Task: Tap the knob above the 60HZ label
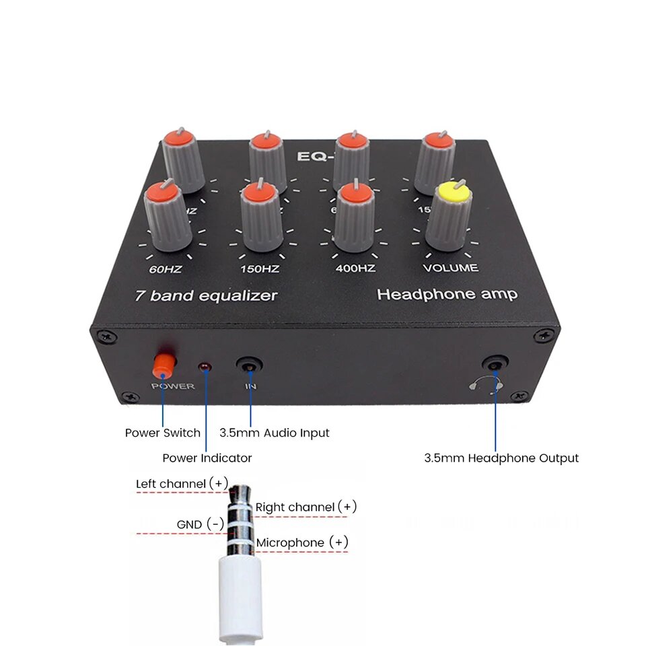[x=166, y=215]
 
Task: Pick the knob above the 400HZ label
[x=355, y=217]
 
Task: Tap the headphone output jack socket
[x=497, y=365]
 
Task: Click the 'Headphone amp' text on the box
[x=447, y=294]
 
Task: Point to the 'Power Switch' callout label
[x=163, y=433]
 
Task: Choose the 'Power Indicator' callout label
[x=207, y=458]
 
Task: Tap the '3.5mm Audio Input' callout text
[x=275, y=433]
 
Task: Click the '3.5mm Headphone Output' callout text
[x=501, y=458]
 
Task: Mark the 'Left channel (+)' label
[x=182, y=483]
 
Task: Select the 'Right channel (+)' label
[x=306, y=507]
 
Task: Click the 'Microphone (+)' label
[x=303, y=542]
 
